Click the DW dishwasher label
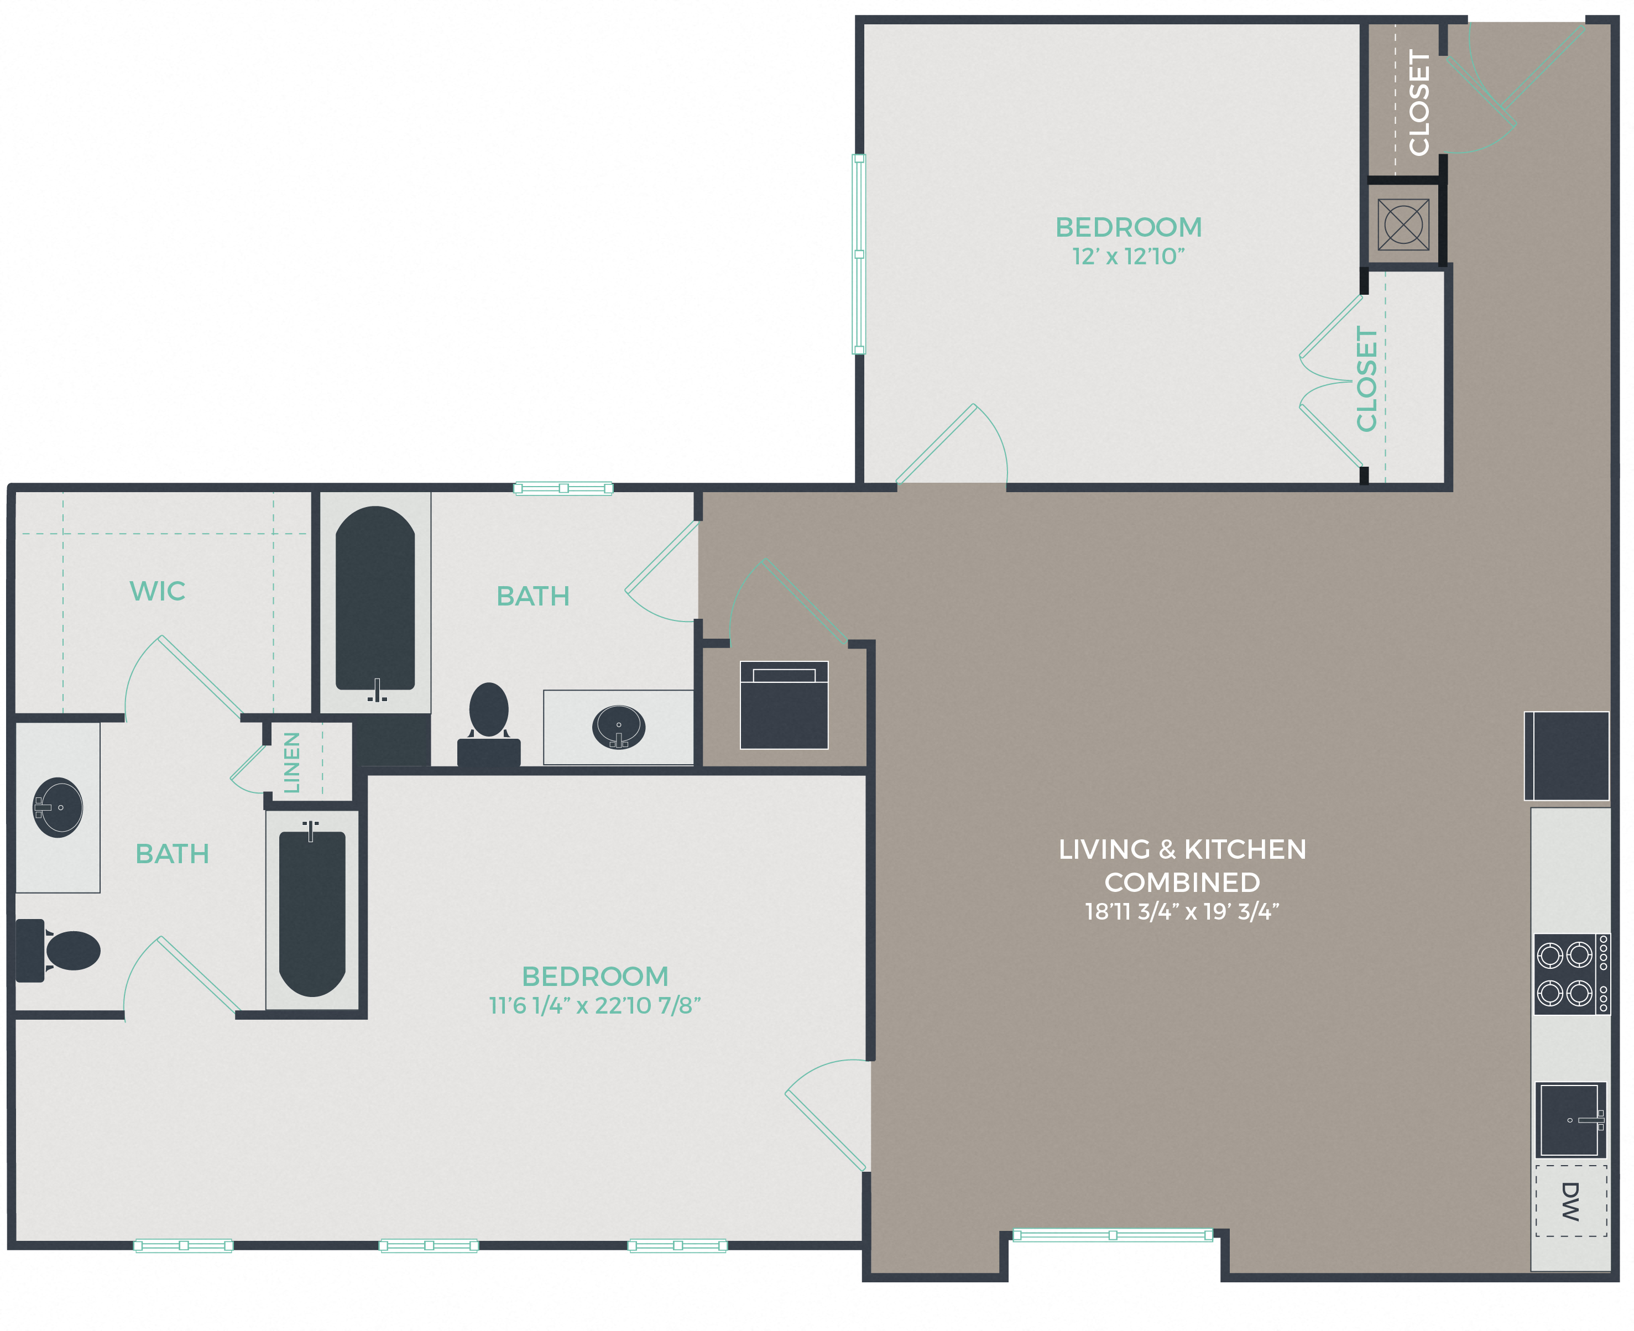tap(1570, 1202)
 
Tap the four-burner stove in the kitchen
tap(1570, 974)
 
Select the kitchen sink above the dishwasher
tap(1570, 1119)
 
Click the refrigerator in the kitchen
tap(1567, 756)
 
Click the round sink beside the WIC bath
tap(58, 807)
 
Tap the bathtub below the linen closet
tap(312, 912)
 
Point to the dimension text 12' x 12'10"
tap(1128, 257)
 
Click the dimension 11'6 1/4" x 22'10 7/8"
tap(594, 1005)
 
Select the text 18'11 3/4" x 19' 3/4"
tap(1182, 912)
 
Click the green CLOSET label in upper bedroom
tap(1366, 379)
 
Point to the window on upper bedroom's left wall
tap(859, 254)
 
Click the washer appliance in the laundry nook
tap(784, 704)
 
